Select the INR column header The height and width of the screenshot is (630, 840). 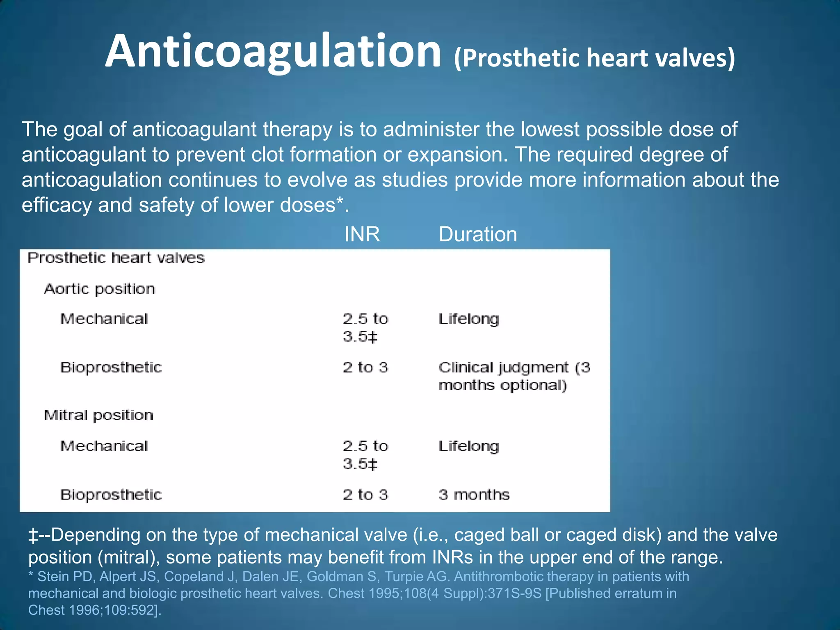(362, 234)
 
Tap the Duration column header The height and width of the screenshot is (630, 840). (477, 234)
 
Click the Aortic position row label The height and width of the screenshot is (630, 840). (99, 289)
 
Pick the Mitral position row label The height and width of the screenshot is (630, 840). (98, 415)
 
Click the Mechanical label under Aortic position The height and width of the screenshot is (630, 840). (104, 319)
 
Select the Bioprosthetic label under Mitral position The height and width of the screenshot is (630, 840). (111, 495)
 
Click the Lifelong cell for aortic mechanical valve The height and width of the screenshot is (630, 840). (468, 319)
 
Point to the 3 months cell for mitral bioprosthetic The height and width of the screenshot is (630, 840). (474, 495)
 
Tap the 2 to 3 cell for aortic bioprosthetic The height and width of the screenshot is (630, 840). (365, 367)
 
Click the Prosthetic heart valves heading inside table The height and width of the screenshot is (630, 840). (116, 258)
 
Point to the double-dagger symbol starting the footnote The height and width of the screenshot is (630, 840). (33, 536)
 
